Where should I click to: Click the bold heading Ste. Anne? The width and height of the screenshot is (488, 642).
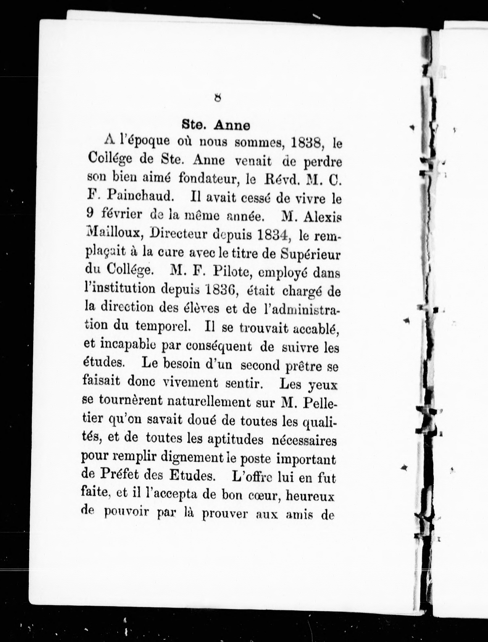coord(216,125)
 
